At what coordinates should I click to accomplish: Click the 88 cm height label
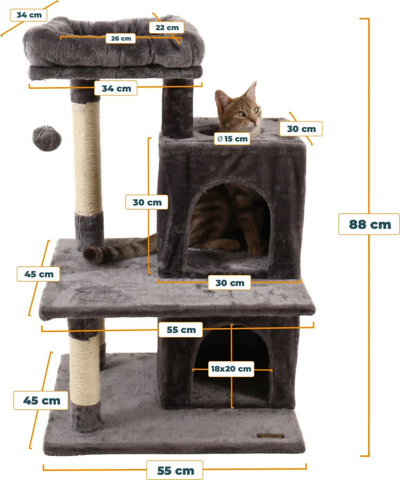click(369, 224)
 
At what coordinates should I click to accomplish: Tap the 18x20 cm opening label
click(231, 368)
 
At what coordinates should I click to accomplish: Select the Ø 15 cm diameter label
click(232, 139)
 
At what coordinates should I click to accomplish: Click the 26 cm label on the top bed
click(121, 38)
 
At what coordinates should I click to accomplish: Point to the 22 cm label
click(167, 27)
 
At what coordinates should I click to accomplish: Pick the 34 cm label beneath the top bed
click(116, 88)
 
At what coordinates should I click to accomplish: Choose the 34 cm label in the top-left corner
click(29, 15)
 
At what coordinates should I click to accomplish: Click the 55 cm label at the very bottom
click(175, 470)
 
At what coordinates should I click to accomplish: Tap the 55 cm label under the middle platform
click(181, 329)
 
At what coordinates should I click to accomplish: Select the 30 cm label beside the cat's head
click(301, 128)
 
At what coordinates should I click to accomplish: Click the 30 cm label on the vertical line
click(147, 202)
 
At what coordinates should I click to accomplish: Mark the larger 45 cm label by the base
click(41, 400)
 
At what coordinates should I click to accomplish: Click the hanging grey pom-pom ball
click(47, 138)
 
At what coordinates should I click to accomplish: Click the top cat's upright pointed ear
click(252, 91)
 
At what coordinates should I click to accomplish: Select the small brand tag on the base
click(270, 436)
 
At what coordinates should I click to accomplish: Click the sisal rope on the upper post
click(88, 158)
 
